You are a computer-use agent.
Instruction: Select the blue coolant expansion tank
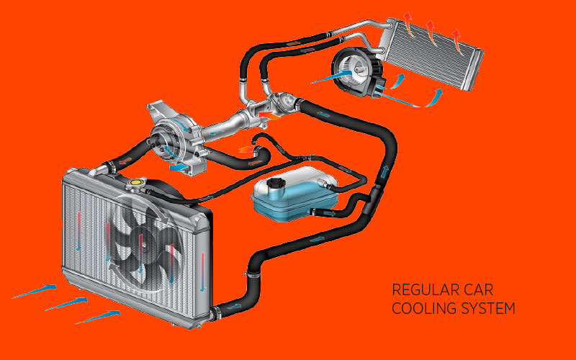[294, 194]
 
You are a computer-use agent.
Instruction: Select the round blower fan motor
[354, 71]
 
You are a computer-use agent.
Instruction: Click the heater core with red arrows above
[431, 55]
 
